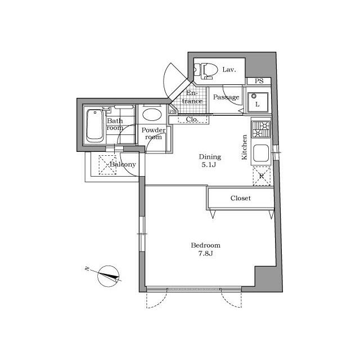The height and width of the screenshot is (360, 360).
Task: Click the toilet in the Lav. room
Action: pyautogui.click(x=206, y=71)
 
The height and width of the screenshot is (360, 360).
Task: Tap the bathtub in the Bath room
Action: pyautogui.click(x=94, y=125)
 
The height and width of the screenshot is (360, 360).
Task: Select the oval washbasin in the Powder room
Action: pyautogui.click(x=152, y=114)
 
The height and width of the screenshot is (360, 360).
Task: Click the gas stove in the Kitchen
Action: pyautogui.click(x=261, y=129)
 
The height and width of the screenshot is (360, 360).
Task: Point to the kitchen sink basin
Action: pyautogui.click(x=261, y=154)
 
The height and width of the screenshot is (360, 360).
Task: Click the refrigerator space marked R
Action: pyautogui.click(x=262, y=176)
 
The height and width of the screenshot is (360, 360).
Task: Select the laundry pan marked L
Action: pyautogui.click(x=258, y=102)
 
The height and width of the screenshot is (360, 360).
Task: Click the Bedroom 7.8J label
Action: pyautogui.click(x=206, y=249)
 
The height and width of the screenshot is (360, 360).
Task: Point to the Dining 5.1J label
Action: pyautogui.click(x=210, y=161)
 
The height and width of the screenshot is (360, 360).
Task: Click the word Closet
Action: pyautogui.click(x=241, y=198)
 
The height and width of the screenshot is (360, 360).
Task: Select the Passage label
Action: pyautogui.click(x=226, y=97)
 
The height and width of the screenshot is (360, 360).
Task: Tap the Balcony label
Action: pyautogui.click(x=123, y=164)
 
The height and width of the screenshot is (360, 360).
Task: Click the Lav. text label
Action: pyautogui.click(x=229, y=70)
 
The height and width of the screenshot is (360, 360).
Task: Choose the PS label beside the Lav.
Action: pyautogui.click(x=259, y=81)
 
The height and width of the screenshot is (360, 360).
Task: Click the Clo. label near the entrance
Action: pyautogui.click(x=192, y=119)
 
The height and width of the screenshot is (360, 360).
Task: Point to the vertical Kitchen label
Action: pyautogui.click(x=244, y=147)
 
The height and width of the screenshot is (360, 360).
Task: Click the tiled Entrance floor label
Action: pyautogui.click(x=192, y=97)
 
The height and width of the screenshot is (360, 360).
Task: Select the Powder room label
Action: pyautogui.click(x=154, y=134)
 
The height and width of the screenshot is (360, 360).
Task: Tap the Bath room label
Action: pyautogui.click(x=115, y=124)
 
